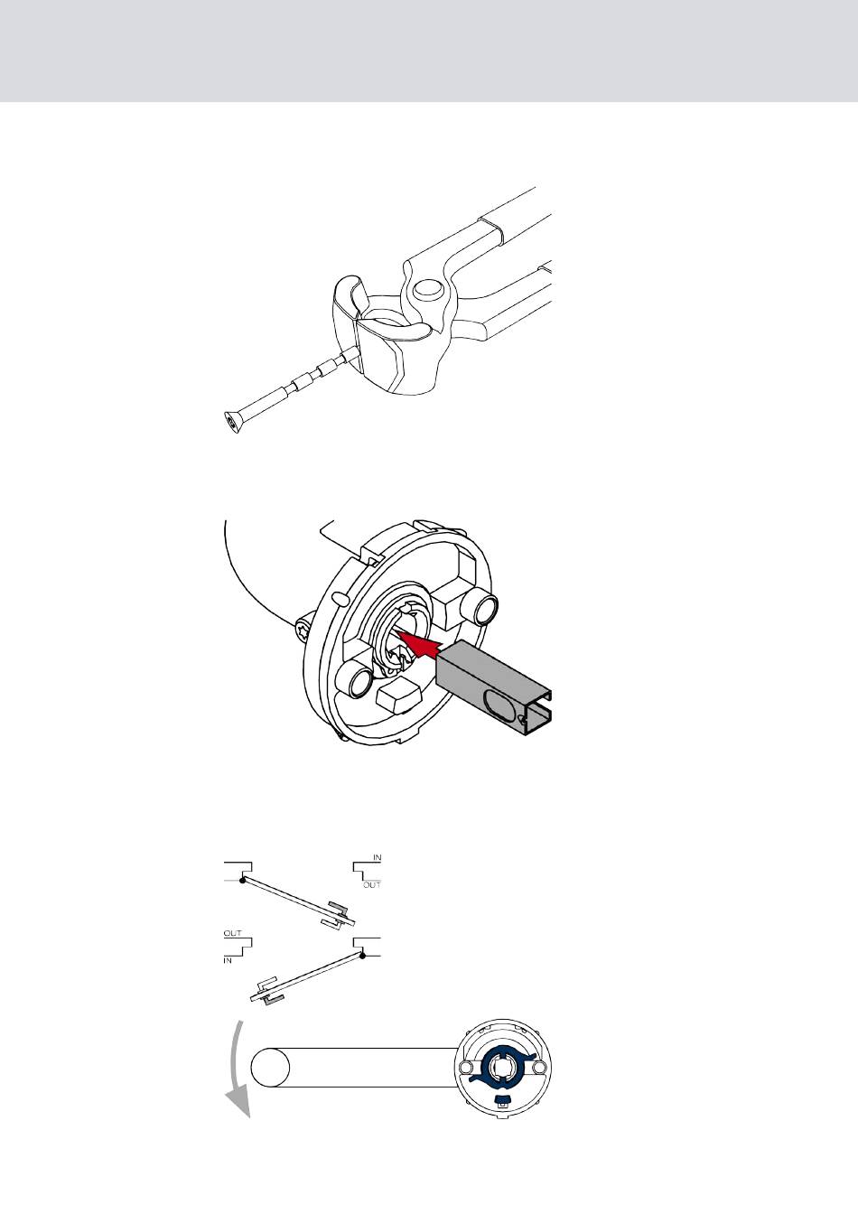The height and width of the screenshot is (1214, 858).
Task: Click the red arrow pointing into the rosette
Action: (419, 644)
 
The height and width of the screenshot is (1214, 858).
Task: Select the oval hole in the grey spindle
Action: (499, 702)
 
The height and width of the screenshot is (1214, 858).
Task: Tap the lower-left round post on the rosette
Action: (355, 682)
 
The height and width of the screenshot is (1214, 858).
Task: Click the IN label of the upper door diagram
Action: (378, 858)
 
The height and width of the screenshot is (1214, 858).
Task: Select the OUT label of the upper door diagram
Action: (372, 885)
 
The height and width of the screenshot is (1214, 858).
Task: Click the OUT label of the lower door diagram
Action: (232, 933)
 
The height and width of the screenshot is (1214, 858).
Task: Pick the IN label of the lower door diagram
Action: (228, 960)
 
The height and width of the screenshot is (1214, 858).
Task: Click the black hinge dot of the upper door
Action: (243, 880)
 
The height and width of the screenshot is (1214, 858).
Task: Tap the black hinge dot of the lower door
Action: (362, 955)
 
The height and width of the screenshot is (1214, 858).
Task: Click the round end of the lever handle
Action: (270, 1067)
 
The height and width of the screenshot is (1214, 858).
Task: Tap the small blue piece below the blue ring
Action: (503, 1098)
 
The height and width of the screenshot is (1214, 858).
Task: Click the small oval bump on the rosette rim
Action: (340, 598)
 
